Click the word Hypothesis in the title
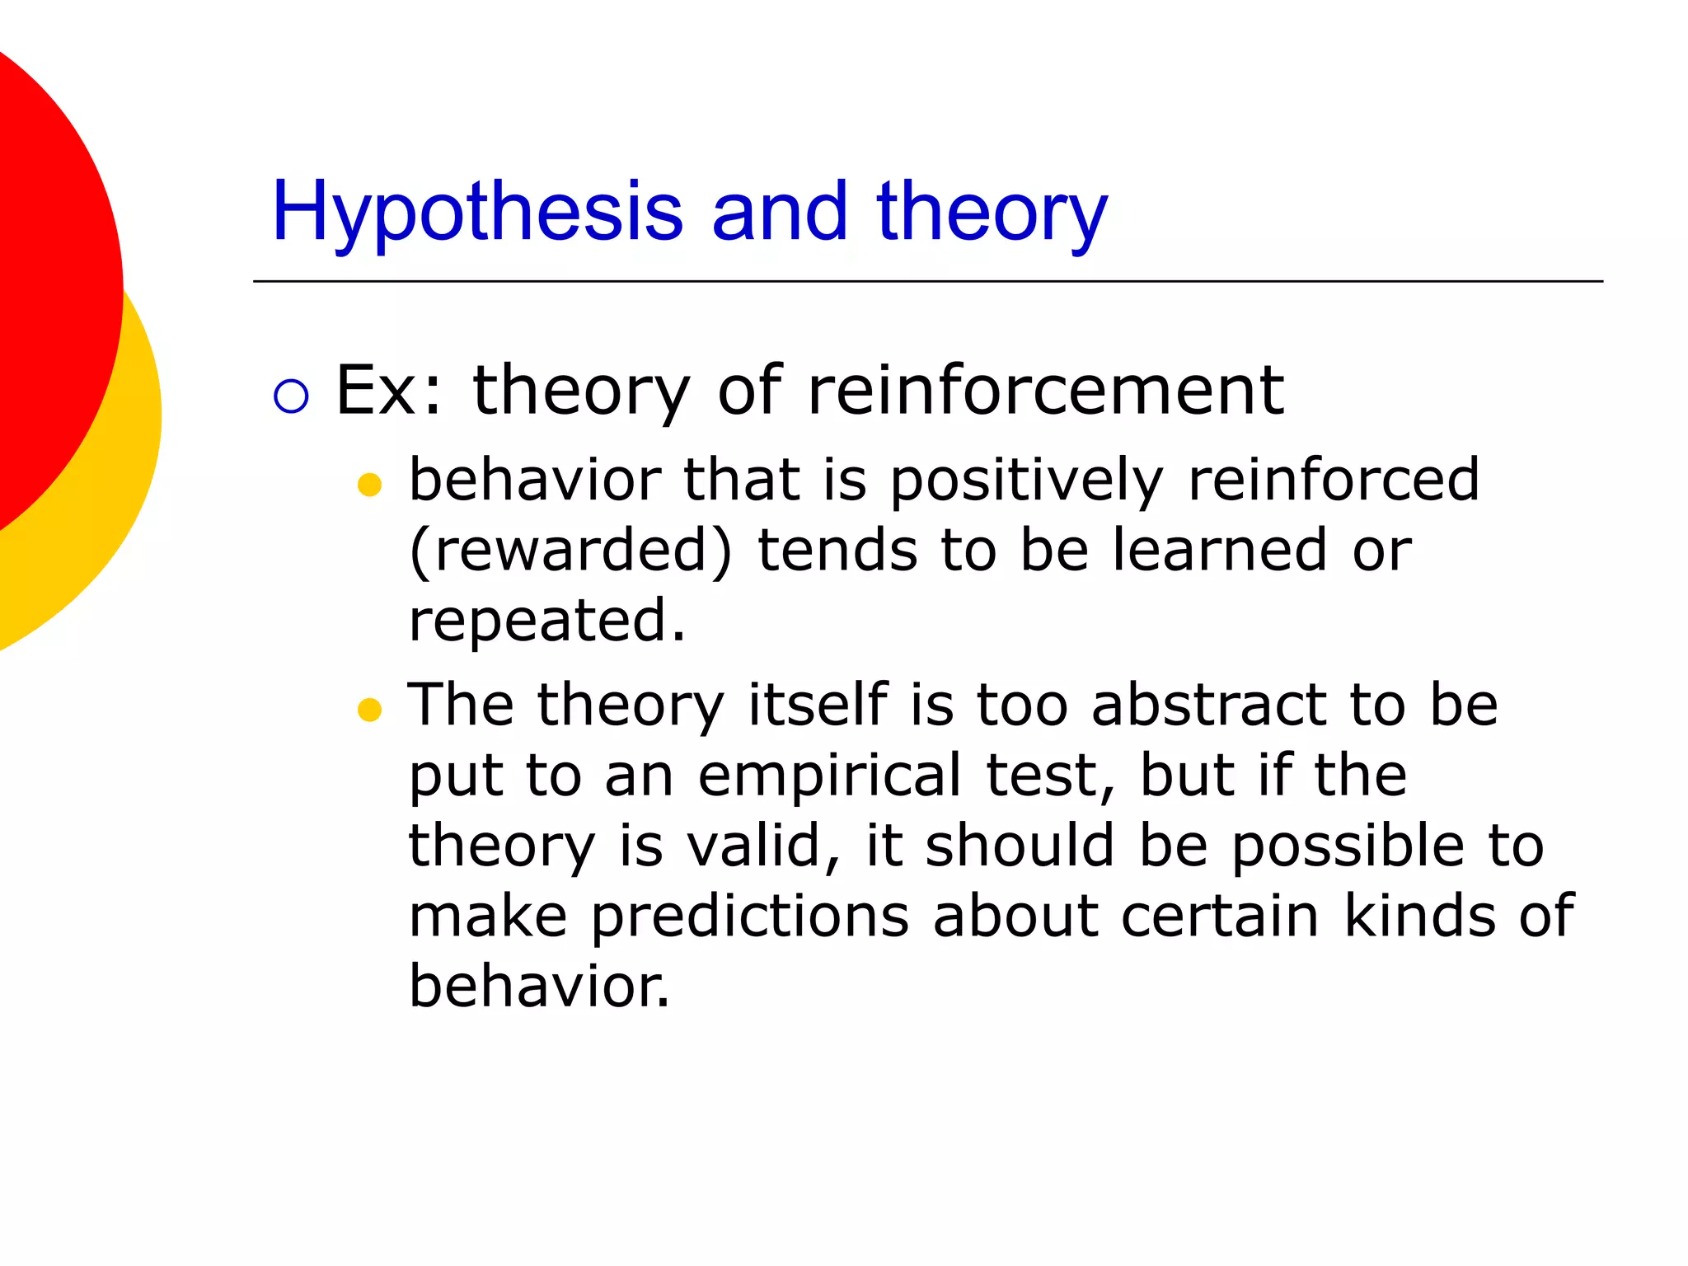pos(476,213)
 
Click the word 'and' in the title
pos(779,213)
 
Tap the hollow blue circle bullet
pos(291,396)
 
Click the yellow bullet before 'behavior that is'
pos(370,485)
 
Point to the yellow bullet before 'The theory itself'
pos(370,709)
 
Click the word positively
pos(1026,481)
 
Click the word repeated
pos(546,621)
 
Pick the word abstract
pos(1207,706)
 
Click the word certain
pos(1220,917)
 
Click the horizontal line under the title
pos(927,282)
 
